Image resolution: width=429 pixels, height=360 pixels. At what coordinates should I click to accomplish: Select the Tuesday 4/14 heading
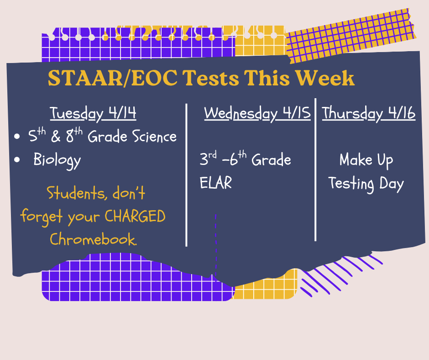[x=93, y=113]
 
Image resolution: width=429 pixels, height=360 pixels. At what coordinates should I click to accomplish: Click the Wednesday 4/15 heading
[x=257, y=113]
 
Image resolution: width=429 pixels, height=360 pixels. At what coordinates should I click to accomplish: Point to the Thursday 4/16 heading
[x=369, y=113]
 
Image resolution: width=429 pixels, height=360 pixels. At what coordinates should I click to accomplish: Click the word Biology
[x=57, y=161]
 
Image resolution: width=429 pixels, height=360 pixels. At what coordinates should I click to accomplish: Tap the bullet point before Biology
[x=17, y=160]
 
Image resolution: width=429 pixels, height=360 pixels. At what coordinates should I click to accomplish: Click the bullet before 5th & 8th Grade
[x=17, y=137]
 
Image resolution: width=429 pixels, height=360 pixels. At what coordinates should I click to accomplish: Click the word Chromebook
[x=93, y=239]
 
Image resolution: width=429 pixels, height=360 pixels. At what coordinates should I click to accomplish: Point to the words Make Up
[x=366, y=160]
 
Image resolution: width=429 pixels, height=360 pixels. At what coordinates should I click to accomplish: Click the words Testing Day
[x=366, y=184]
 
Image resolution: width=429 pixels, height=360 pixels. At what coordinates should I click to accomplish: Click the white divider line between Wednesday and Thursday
[x=315, y=169]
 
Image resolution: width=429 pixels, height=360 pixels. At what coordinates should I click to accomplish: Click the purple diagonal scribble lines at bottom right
[x=338, y=274]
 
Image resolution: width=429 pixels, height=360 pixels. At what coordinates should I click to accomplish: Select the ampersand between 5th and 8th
[x=54, y=137]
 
